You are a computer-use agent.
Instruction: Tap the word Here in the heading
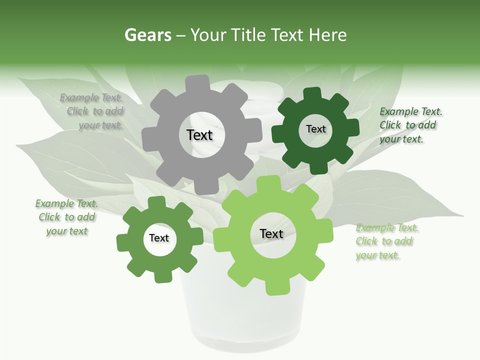pyautogui.click(x=327, y=35)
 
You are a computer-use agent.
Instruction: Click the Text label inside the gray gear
pyautogui.click(x=199, y=135)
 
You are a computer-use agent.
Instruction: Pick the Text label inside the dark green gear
pyautogui.click(x=315, y=129)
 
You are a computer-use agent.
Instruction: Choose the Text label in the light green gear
pyautogui.click(x=271, y=233)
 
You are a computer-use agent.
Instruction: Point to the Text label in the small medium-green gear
pyautogui.click(x=159, y=238)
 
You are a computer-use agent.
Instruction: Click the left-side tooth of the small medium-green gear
pyautogui.click(x=122, y=242)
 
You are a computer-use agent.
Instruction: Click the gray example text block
pyautogui.click(x=93, y=111)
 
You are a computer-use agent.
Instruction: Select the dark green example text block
pyautogui.click(x=410, y=125)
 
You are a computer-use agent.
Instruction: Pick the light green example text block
pyautogui.click(x=386, y=241)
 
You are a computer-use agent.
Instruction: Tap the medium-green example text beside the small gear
pyautogui.click(x=66, y=217)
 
